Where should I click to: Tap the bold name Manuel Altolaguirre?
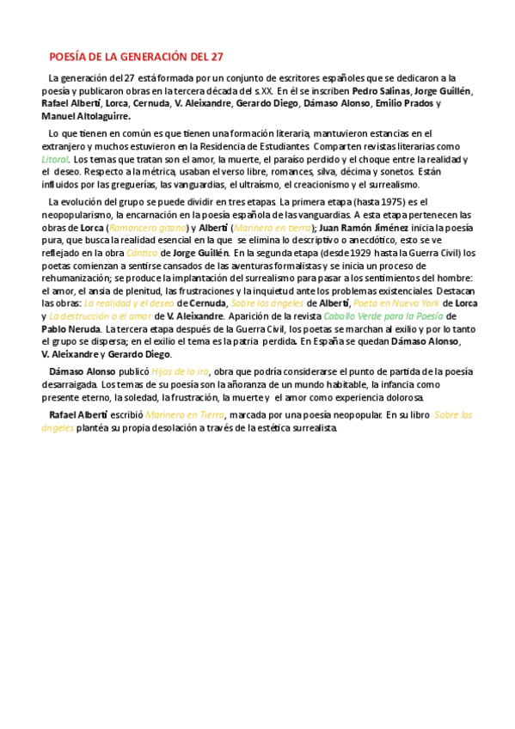tap(86, 116)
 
